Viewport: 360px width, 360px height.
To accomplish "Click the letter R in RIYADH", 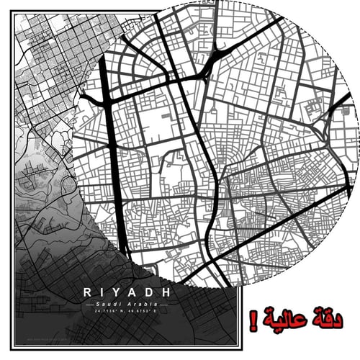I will [87, 293].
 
